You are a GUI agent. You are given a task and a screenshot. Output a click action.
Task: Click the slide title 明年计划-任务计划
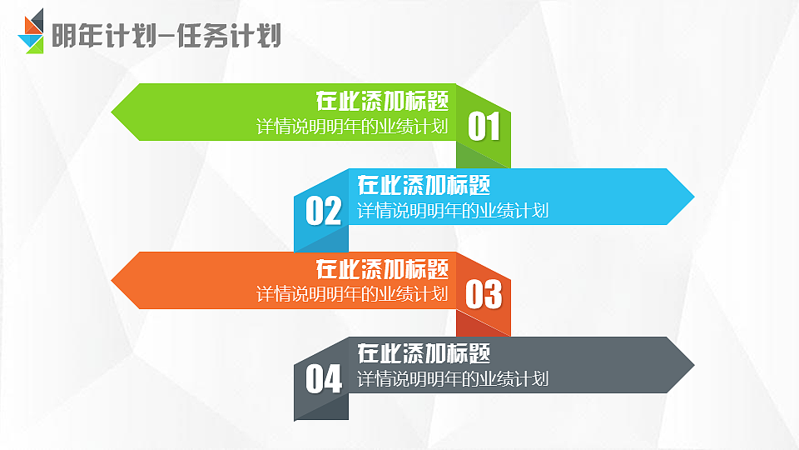pyautogui.click(x=166, y=36)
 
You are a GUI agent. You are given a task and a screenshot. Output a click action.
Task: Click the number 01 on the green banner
pyautogui.click(x=484, y=127)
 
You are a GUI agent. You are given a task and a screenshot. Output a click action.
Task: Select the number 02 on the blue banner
pyautogui.click(x=323, y=211)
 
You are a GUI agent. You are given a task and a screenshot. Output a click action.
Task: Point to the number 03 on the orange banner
pyautogui.click(x=484, y=294)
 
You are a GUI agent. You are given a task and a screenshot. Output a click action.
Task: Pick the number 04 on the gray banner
pyautogui.click(x=323, y=379)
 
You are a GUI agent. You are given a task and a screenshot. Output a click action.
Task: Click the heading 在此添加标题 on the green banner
pyautogui.click(x=382, y=102)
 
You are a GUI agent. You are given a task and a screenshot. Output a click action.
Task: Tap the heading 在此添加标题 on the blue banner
pyautogui.click(x=424, y=185)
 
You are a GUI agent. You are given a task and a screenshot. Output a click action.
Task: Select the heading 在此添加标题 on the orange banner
pyautogui.click(x=382, y=269)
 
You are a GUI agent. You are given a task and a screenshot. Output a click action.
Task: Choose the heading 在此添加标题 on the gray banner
pyautogui.click(x=424, y=352)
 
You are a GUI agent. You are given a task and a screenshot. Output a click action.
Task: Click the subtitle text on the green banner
pyautogui.click(x=352, y=127)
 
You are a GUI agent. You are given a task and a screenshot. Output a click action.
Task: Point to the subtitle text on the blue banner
pyautogui.click(x=453, y=211)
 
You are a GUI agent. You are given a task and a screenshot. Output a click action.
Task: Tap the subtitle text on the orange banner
pyautogui.click(x=352, y=294)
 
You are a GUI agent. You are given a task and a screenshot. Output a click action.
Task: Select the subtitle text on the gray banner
pyautogui.click(x=453, y=379)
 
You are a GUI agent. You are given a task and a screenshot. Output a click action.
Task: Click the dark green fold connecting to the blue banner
pyautogui.click(x=483, y=156)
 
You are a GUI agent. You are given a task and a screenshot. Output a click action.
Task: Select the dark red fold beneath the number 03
pyautogui.click(x=483, y=322)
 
